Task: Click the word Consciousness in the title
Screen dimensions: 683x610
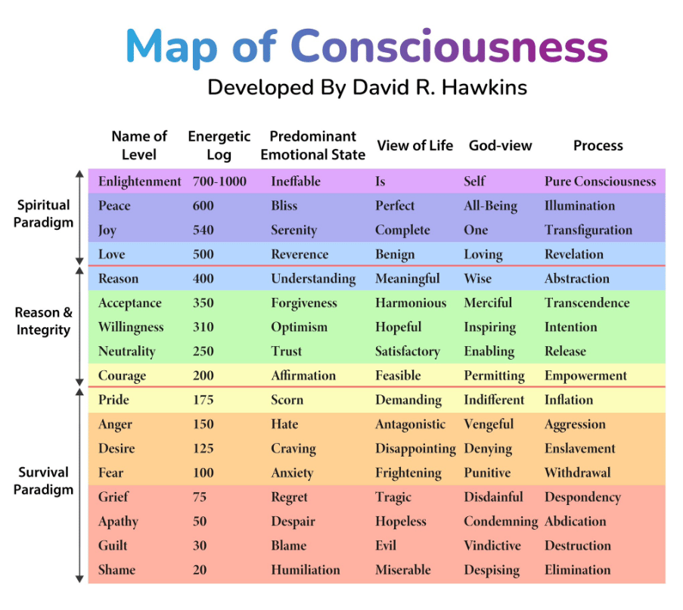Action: pos(449,46)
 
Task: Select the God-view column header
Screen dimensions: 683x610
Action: pos(500,145)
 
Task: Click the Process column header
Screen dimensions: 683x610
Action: pos(598,145)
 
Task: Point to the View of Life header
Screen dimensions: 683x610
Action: pos(414,145)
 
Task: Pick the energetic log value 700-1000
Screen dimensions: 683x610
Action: pos(219,181)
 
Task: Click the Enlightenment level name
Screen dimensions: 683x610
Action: pos(139,181)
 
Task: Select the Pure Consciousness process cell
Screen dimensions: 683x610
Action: pos(601,181)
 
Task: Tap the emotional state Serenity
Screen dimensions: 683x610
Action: pos(294,231)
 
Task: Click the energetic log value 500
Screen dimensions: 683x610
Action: pos(203,254)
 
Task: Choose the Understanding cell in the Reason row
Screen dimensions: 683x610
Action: pos(313,279)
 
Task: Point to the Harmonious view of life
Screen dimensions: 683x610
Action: pos(411,303)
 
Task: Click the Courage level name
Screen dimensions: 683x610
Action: pos(122,376)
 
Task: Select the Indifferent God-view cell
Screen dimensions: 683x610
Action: pos(494,400)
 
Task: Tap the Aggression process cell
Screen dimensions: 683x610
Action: pos(575,425)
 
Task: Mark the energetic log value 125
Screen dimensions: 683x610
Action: pos(203,448)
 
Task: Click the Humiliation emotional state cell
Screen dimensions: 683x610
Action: pos(306,570)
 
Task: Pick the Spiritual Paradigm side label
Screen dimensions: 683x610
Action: pos(43,214)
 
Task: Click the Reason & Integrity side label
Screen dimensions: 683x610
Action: pos(43,321)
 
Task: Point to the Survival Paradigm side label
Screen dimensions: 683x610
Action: pos(43,481)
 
